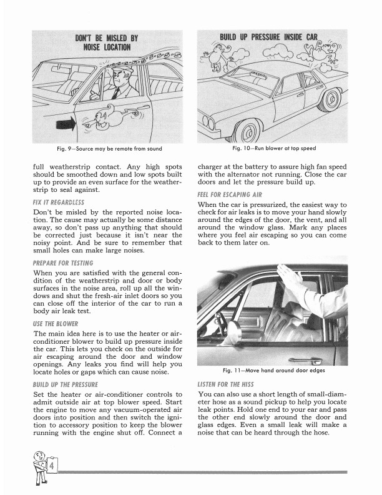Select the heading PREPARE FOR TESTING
pyautogui.click(x=63, y=263)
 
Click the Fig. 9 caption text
pyautogui.click(x=107, y=148)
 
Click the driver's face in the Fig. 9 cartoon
pyautogui.click(x=119, y=80)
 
